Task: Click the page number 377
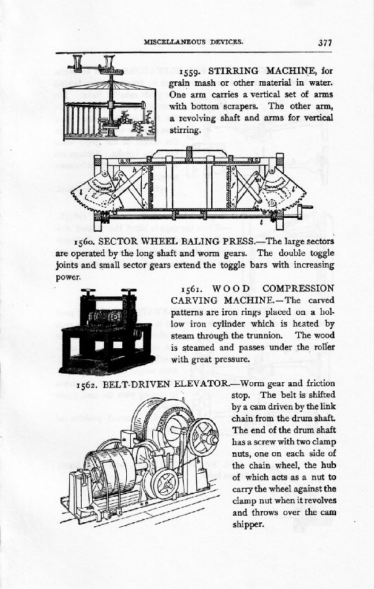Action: tap(325, 42)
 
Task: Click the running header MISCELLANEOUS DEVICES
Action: tap(193, 42)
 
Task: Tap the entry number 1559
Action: tap(191, 71)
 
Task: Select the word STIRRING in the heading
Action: tap(233, 71)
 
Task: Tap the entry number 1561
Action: tap(193, 289)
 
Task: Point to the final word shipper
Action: tap(248, 525)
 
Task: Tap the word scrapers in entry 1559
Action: tap(239, 106)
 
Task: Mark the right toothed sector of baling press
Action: tap(280, 193)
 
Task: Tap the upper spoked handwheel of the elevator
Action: tap(203, 437)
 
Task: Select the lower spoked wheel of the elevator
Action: tap(165, 484)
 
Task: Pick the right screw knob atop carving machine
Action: tap(129, 291)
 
